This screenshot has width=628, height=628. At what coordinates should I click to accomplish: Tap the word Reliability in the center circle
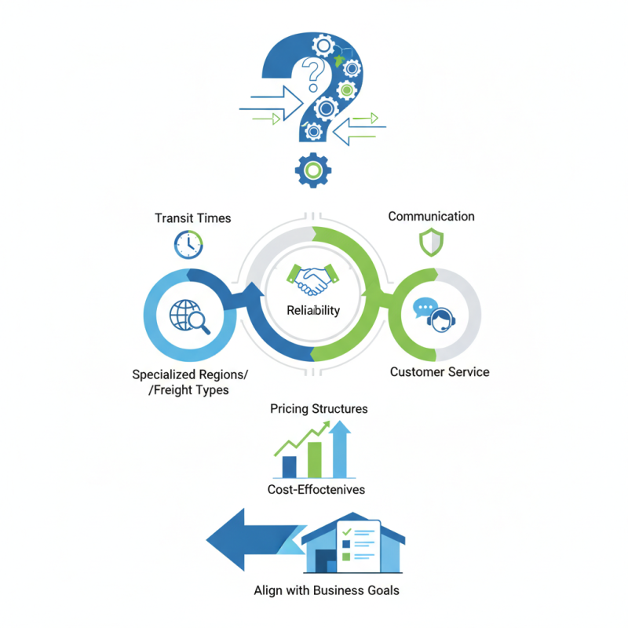[x=313, y=310]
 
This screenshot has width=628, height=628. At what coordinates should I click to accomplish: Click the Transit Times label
[x=193, y=217]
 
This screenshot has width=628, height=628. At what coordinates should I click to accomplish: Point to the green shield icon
[x=430, y=243]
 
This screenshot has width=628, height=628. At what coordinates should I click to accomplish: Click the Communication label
[x=431, y=216]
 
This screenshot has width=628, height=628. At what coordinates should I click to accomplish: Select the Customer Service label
[x=440, y=371]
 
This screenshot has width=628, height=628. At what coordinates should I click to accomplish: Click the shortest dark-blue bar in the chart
[x=289, y=466]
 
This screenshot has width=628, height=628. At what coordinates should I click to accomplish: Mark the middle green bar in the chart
[x=315, y=459]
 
